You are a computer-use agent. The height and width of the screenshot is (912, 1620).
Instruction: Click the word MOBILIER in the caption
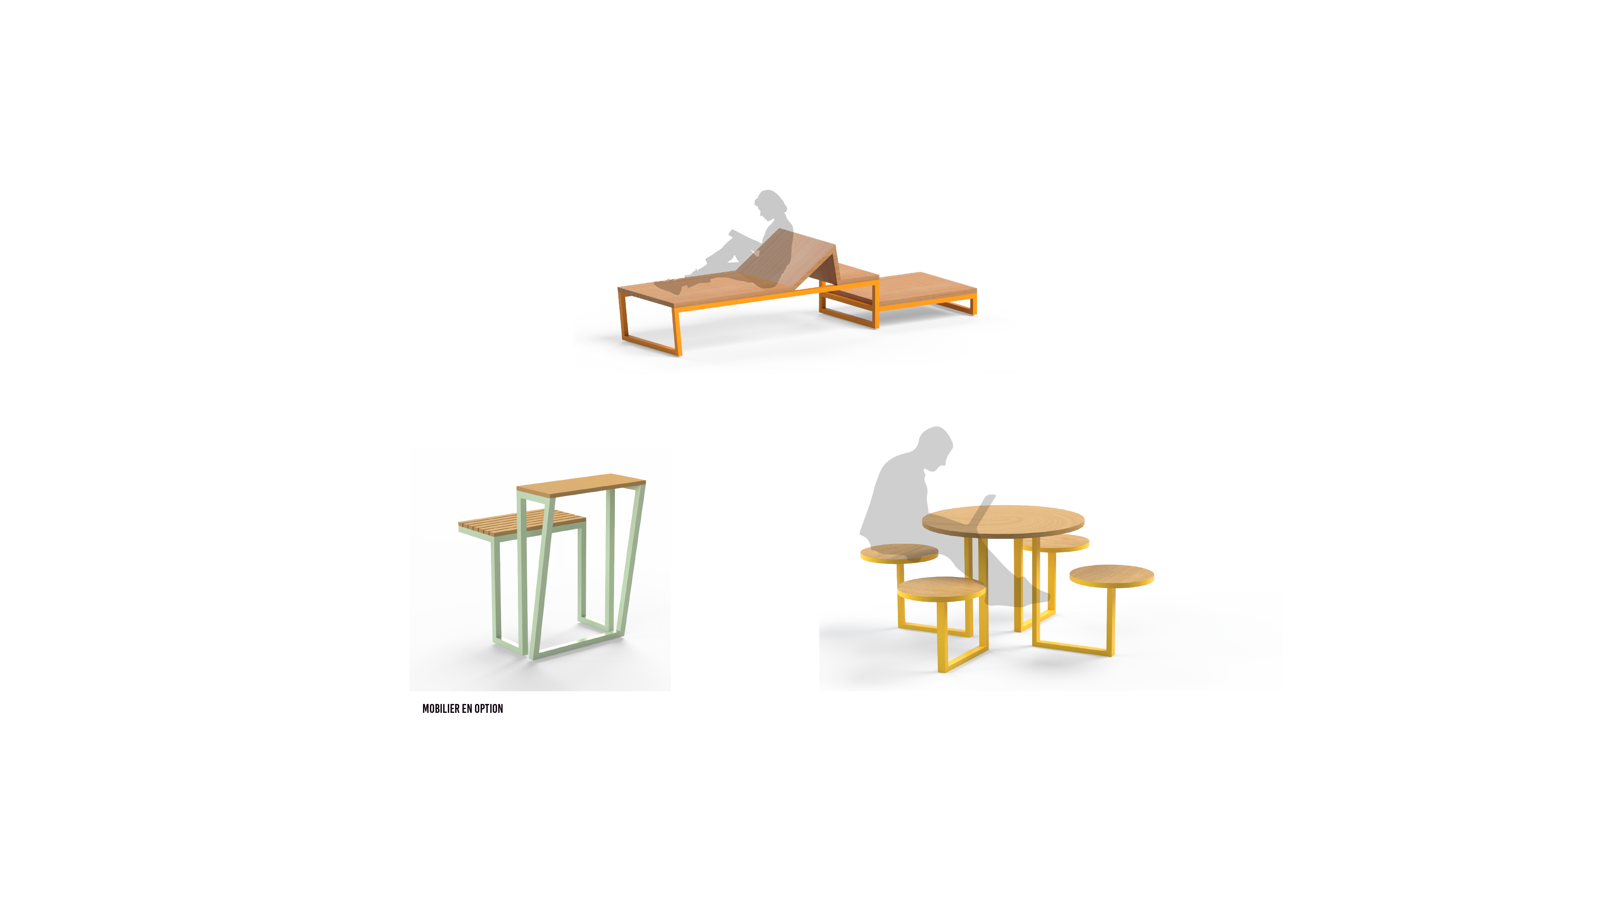(x=441, y=709)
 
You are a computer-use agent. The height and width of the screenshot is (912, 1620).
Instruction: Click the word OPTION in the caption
(x=489, y=709)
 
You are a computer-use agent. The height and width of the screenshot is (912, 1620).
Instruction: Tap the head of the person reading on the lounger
(x=770, y=205)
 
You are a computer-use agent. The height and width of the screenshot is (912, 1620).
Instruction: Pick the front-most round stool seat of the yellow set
(x=942, y=589)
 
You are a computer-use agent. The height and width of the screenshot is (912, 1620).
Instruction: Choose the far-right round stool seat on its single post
(x=1111, y=575)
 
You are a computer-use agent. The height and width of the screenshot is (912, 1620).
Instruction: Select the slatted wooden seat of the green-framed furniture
(x=522, y=524)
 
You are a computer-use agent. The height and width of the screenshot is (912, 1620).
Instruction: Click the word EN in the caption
(x=467, y=709)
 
